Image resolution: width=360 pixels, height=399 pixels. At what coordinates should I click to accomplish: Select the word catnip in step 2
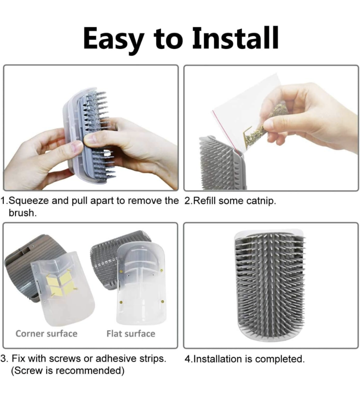[x=261, y=201]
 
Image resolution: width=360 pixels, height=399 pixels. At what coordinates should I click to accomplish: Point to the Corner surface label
[x=47, y=334]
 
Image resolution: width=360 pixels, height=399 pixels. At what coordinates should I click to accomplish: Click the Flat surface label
[x=131, y=334]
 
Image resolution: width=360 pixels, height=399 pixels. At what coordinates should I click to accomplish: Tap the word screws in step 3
[x=65, y=359]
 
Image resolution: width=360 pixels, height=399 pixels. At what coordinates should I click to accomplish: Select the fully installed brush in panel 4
[x=270, y=285]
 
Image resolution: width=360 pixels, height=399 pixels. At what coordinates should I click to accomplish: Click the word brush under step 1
[x=22, y=213]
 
